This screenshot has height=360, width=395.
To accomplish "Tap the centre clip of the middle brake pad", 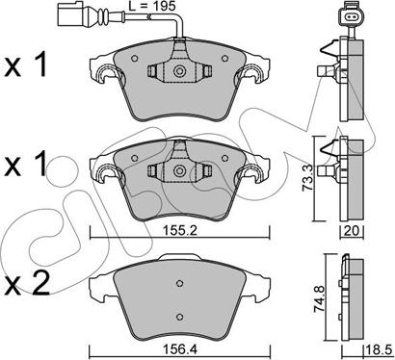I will click(x=177, y=169).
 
